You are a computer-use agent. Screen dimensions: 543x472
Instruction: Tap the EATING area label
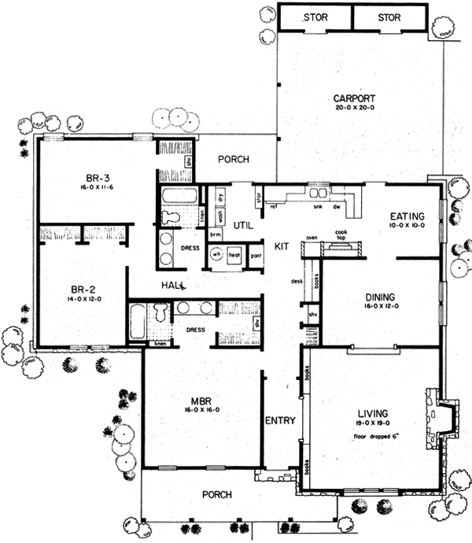click(x=407, y=216)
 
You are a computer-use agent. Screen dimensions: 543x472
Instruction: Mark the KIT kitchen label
click(x=282, y=246)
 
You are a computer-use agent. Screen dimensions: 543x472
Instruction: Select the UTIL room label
click(x=242, y=225)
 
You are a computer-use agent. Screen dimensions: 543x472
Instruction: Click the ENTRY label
click(x=280, y=420)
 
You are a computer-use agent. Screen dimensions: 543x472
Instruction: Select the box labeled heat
click(x=234, y=255)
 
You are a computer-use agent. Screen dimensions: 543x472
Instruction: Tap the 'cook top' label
click(x=341, y=234)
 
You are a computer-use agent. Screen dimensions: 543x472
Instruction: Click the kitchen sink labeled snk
click(x=317, y=206)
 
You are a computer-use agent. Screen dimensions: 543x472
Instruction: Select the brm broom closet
click(x=214, y=234)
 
